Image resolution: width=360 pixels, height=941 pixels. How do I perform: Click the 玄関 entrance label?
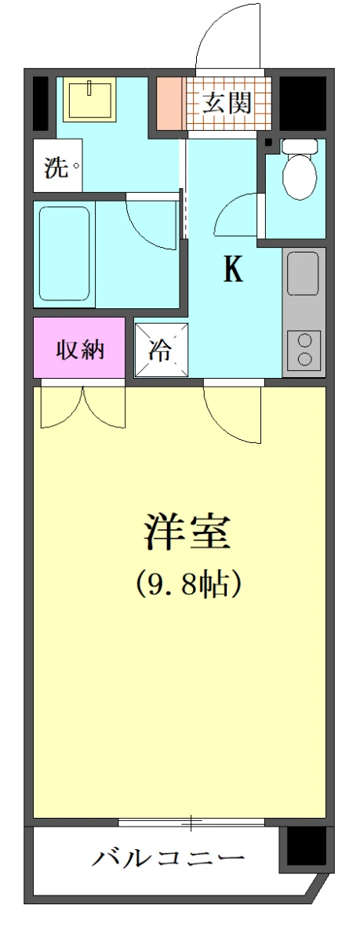pyautogui.click(x=227, y=103)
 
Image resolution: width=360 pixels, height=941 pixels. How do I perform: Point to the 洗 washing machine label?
pyautogui.click(x=56, y=167)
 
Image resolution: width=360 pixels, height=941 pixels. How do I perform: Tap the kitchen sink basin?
pyautogui.click(x=304, y=274)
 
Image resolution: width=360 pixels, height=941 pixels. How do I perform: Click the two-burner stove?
pyautogui.click(x=304, y=349)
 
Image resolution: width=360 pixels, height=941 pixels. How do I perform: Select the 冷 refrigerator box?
pyautogui.click(x=161, y=351)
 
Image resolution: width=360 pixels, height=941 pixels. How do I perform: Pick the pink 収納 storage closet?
pyautogui.click(x=78, y=349)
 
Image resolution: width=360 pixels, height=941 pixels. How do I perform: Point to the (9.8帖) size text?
pyautogui.click(x=186, y=583)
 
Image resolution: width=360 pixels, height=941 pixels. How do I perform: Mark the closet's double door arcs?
pyautogui.click(x=82, y=408)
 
